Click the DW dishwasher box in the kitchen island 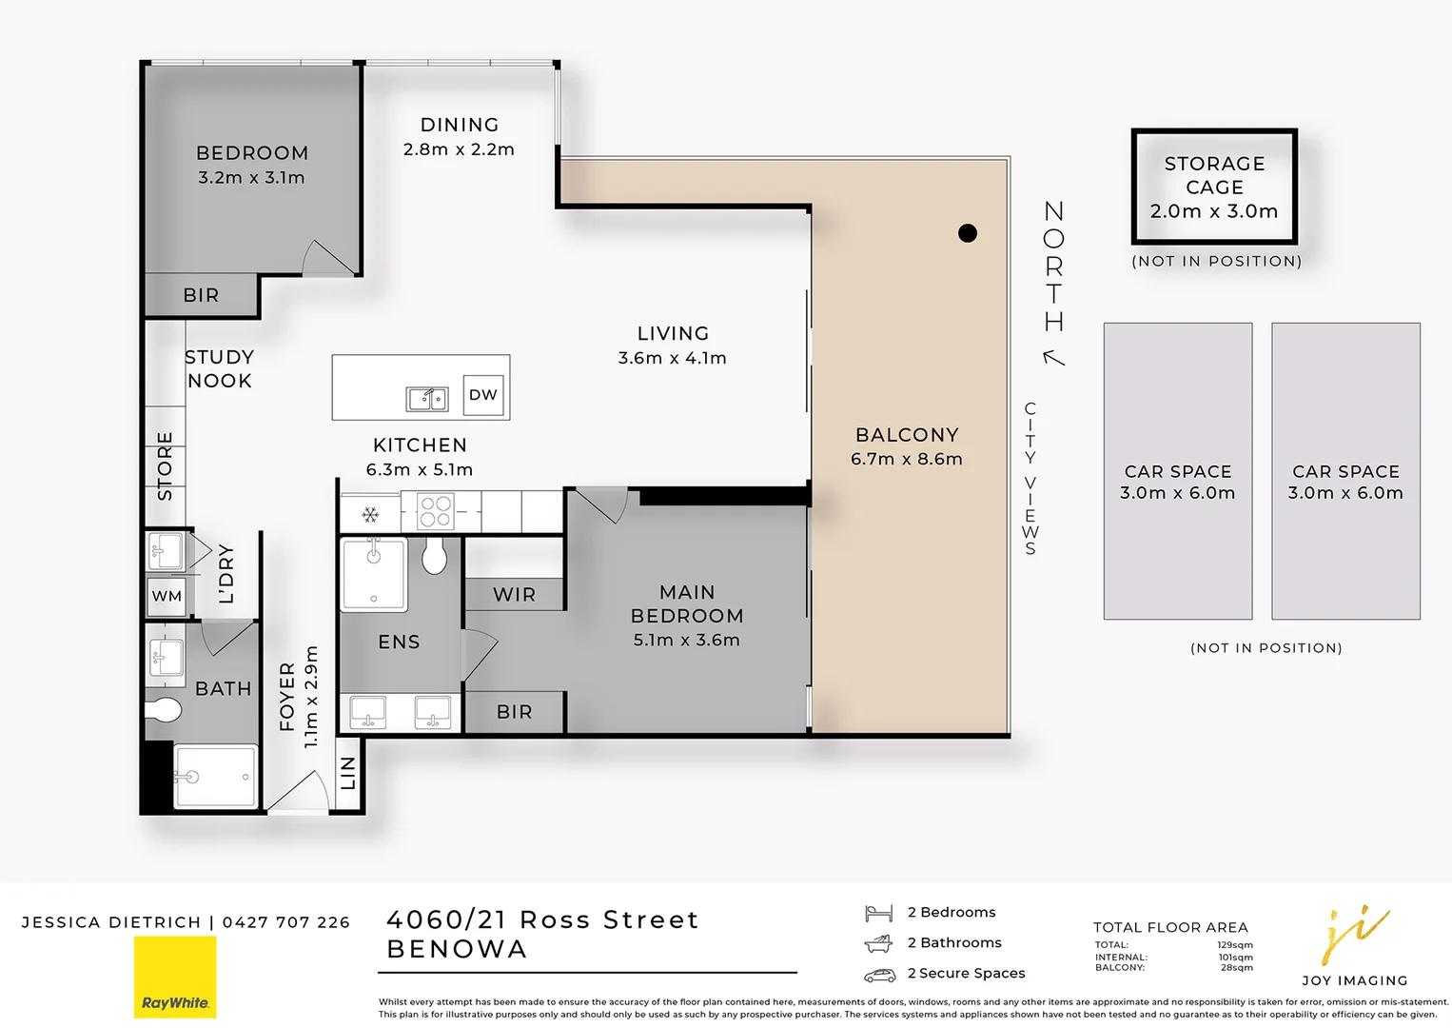coord(483,395)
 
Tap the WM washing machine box coord(167,596)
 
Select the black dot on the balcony coord(967,233)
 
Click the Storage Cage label coord(1215,175)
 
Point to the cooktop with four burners coord(435,512)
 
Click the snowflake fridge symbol coord(370,515)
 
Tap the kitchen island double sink coord(426,399)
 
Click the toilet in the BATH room coord(163,709)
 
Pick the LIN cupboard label coord(348,773)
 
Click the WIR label coord(514,595)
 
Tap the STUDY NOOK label coord(219,369)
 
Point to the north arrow coord(1053,357)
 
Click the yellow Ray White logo coord(175,977)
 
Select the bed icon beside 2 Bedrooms coord(878,913)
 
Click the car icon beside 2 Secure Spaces coord(879,975)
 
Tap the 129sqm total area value coord(1235,945)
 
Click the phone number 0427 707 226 coord(285,922)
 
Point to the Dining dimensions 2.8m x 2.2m coord(459,149)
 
